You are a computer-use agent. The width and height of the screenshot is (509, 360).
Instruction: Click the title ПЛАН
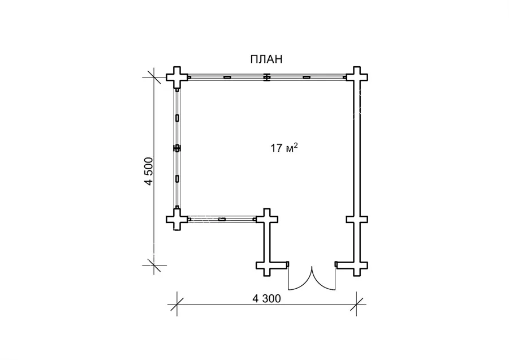coord(266,59)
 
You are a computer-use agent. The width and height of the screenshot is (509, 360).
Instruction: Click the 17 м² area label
coord(284,148)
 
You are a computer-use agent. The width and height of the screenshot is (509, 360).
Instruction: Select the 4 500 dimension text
coord(148,172)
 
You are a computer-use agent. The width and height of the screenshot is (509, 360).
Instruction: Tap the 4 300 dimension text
coord(266,298)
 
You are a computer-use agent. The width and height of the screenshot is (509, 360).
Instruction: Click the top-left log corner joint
coord(177,78)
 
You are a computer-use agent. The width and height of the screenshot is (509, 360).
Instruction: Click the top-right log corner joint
coord(357,78)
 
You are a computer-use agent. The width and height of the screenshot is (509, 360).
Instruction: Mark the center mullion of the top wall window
coord(266,78)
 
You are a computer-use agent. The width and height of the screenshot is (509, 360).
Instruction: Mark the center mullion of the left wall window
coord(177,148)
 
